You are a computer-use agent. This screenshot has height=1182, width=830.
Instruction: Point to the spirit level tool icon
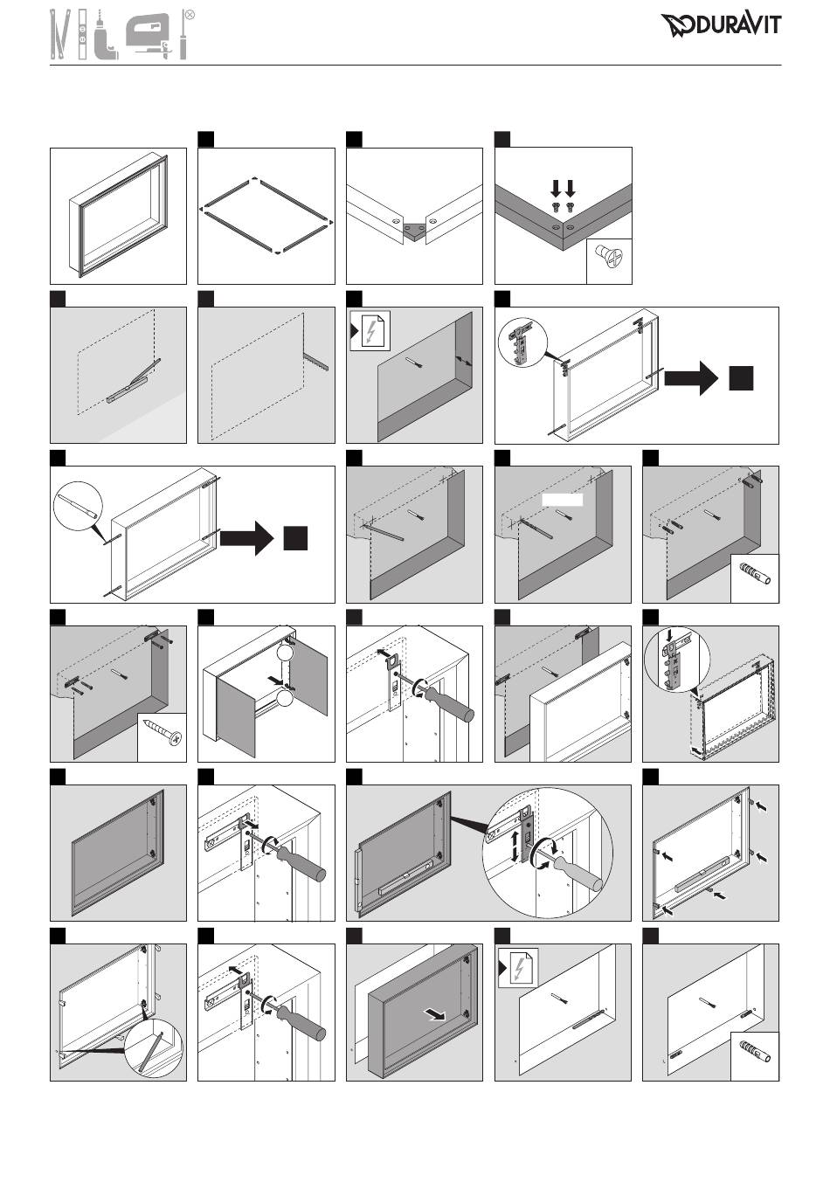[x=82, y=35]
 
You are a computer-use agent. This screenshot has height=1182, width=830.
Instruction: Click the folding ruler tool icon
[x=59, y=35]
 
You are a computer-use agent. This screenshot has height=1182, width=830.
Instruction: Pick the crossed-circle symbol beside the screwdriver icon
[x=190, y=15]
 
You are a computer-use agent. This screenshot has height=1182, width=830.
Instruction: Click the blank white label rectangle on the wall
[x=562, y=499]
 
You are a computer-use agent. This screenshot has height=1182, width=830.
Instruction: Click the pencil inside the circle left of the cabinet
[x=77, y=509]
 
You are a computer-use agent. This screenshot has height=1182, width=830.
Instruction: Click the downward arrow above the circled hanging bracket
[x=667, y=636]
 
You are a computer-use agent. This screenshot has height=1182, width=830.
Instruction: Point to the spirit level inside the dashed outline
[x=130, y=381]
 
